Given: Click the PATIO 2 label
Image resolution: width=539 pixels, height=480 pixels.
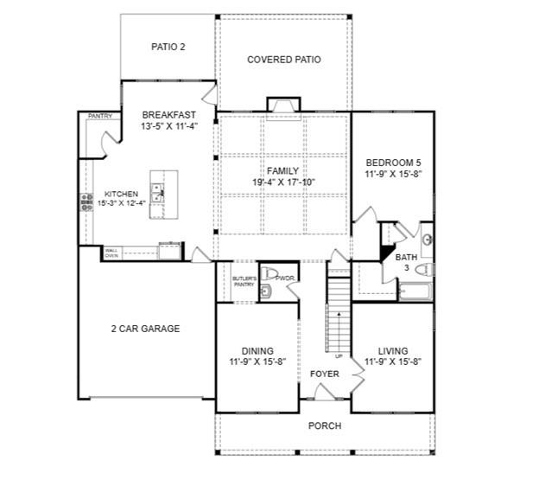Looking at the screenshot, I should [x=168, y=48].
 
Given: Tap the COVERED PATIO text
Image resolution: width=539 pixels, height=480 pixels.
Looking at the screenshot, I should [x=284, y=60].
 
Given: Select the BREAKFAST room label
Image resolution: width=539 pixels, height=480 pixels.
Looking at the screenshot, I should [x=168, y=114].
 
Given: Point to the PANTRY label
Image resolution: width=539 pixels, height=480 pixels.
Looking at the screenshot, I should [x=100, y=115].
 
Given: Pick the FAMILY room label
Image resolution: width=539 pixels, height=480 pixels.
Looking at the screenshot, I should [x=282, y=171].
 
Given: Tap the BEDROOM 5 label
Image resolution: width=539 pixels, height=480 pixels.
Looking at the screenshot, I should [x=393, y=163].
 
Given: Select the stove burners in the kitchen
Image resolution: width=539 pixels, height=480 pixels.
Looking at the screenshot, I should [x=86, y=202].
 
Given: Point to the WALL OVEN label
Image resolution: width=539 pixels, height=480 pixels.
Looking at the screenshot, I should [x=111, y=253].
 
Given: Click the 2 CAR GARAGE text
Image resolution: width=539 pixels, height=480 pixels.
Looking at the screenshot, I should [x=145, y=329].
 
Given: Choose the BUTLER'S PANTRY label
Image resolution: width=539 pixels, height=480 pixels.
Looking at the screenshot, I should [x=244, y=281].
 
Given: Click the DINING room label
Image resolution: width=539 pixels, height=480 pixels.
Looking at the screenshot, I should [x=257, y=351].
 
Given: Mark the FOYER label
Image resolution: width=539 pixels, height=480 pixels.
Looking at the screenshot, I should [x=325, y=374].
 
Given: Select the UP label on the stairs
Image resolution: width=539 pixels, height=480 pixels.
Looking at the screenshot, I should [x=339, y=355].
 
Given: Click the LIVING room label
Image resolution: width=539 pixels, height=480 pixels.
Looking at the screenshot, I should [x=393, y=351].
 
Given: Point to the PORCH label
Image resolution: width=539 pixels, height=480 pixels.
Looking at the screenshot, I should [x=325, y=426].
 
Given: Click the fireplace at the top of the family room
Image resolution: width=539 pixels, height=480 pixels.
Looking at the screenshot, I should [x=283, y=106].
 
